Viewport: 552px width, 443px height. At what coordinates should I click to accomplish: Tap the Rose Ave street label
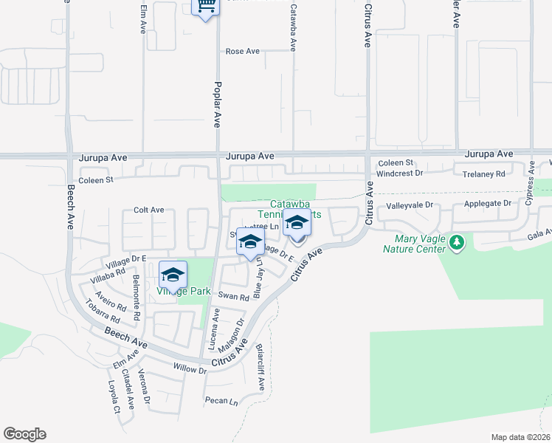click(243, 51)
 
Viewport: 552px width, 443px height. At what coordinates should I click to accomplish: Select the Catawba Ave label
click(293, 28)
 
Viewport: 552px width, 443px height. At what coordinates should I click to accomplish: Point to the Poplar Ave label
click(218, 104)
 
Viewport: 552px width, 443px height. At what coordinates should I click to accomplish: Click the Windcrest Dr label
click(399, 174)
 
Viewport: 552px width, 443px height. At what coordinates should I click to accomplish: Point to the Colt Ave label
click(148, 210)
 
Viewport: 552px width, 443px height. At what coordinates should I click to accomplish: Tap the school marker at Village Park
click(173, 275)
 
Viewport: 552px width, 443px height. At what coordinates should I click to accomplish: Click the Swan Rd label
click(233, 295)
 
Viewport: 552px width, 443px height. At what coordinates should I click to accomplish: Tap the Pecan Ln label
click(221, 402)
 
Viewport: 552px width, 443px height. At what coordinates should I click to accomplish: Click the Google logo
click(24, 434)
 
